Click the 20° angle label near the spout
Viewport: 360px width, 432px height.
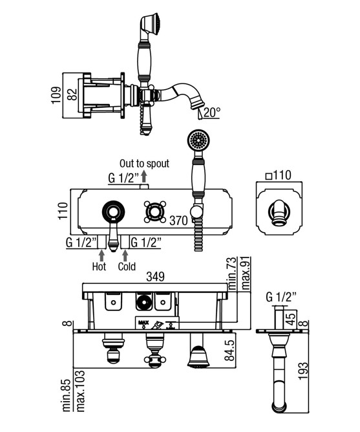click(212, 112)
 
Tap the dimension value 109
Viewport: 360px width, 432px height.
click(56, 95)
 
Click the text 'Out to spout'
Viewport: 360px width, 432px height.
click(144, 164)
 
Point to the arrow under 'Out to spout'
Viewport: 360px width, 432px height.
click(143, 176)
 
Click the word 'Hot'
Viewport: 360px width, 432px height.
click(99, 266)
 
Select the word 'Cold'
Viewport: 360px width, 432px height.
click(127, 266)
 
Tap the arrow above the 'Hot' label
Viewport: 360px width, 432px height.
click(101, 255)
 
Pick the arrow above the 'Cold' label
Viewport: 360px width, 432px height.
click(125, 255)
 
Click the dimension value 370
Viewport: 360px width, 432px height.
click(178, 221)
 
